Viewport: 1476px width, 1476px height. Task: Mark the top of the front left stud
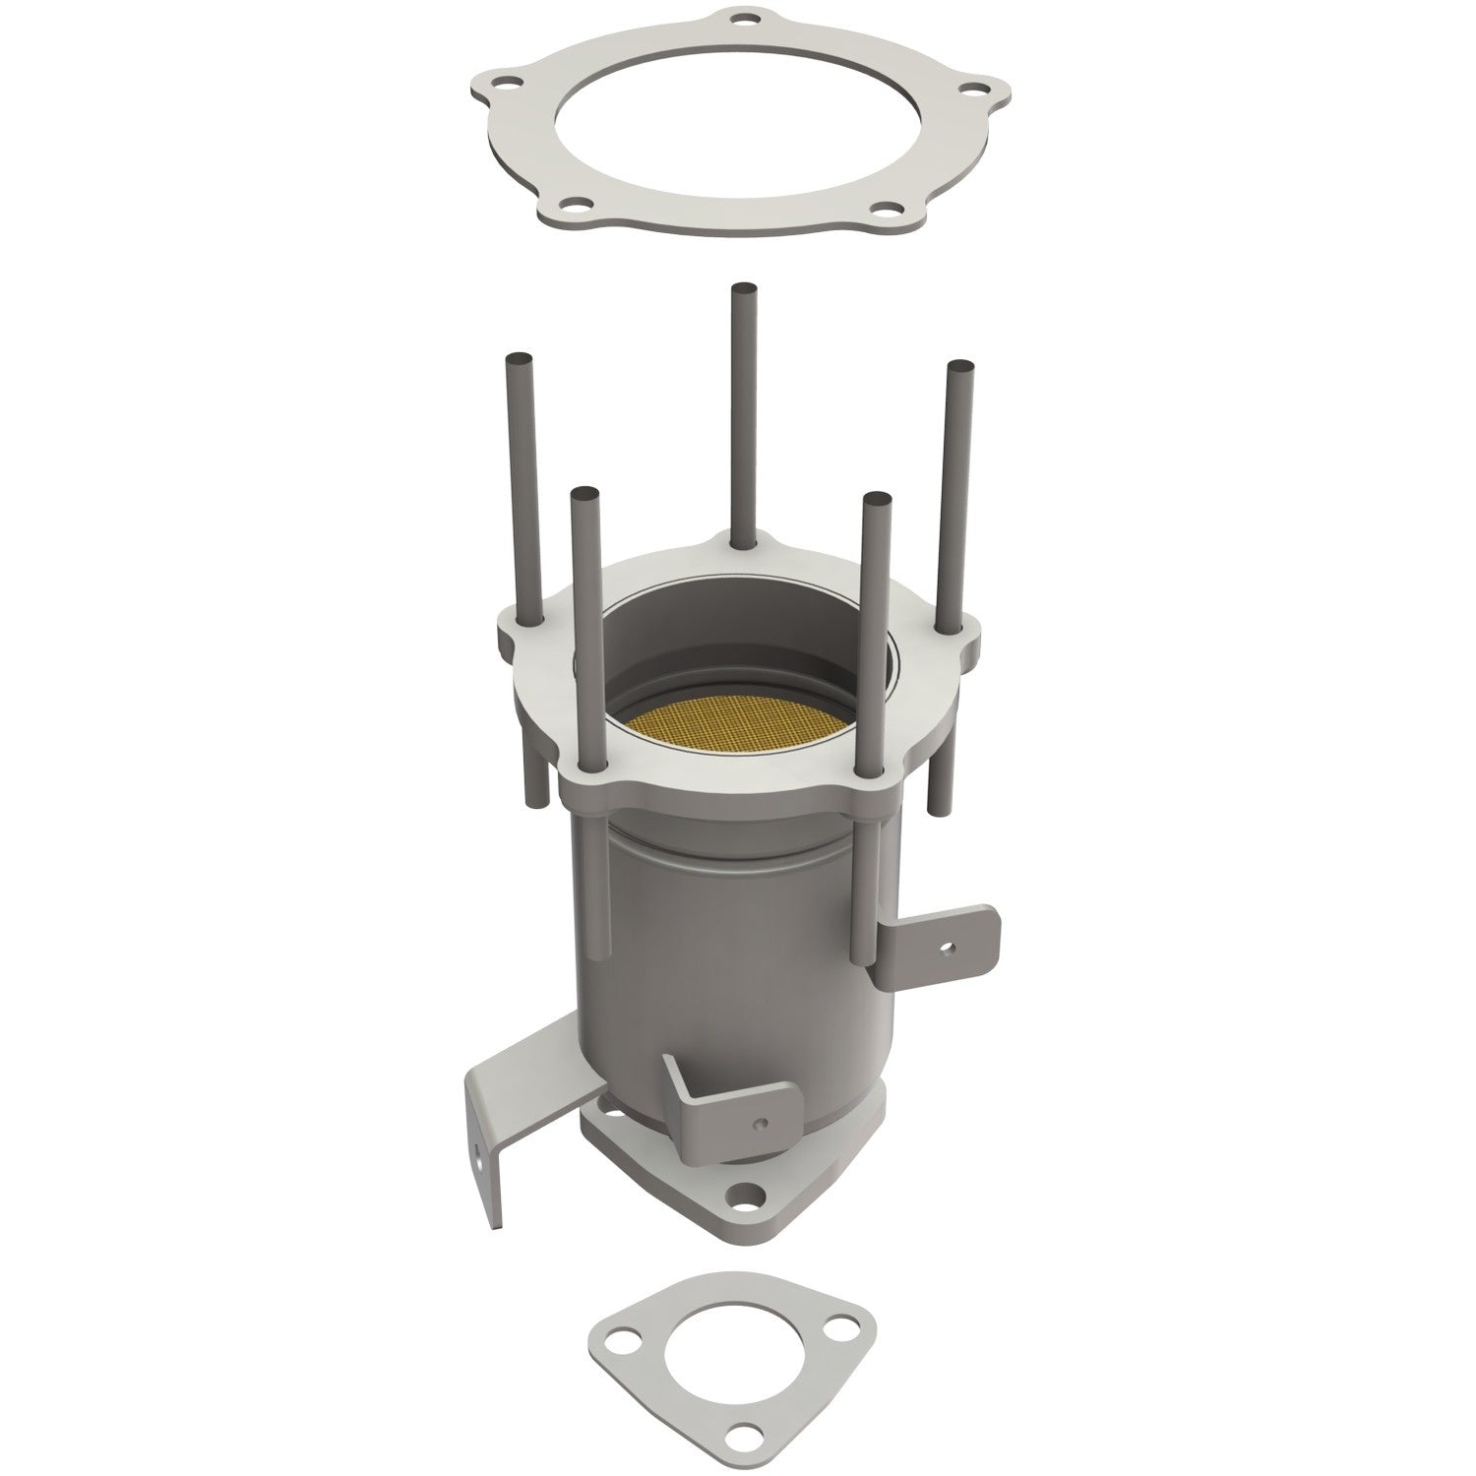tap(584, 490)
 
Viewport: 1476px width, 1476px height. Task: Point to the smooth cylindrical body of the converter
tap(728, 925)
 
